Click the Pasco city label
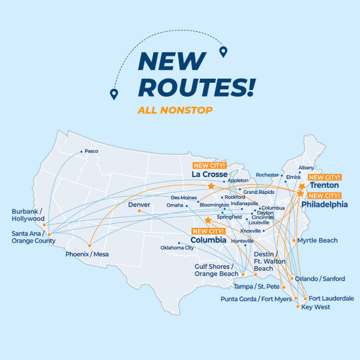tap(91, 151)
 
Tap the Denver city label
tap(139, 205)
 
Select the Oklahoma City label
tap(177, 247)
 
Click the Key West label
tap(316, 307)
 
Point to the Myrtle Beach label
tap(317, 241)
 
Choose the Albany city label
tap(306, 167)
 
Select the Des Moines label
tap(184, 197)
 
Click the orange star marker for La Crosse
tap(211, 187)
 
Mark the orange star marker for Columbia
tap(208, 220)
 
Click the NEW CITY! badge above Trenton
tap(324, 177)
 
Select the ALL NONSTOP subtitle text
tap(175, 110)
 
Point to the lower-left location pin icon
tap(113, 94)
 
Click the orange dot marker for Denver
tap(139, 211)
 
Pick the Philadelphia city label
tap(325, 204)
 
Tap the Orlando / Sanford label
tap(320, 278)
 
